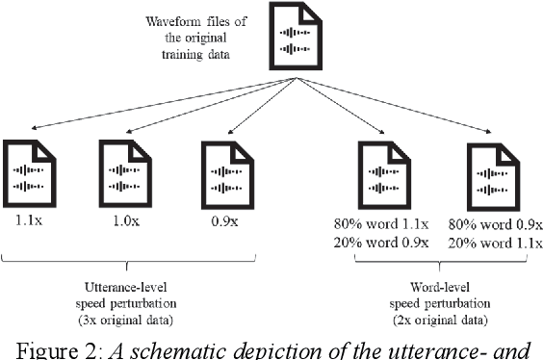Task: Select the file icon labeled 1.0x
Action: click(123, 176)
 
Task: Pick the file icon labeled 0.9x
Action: click(221, 176)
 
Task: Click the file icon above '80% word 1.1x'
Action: click(381, 176)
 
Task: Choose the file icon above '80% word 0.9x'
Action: click(489, 176)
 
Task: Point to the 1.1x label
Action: click(27, 219)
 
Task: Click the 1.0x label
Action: click(123, 219)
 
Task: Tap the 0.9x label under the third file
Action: click(221, 219)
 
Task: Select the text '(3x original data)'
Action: click(127, 315)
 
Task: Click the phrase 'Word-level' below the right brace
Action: click(438, 286)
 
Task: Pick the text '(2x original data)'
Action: click(438, 316)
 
